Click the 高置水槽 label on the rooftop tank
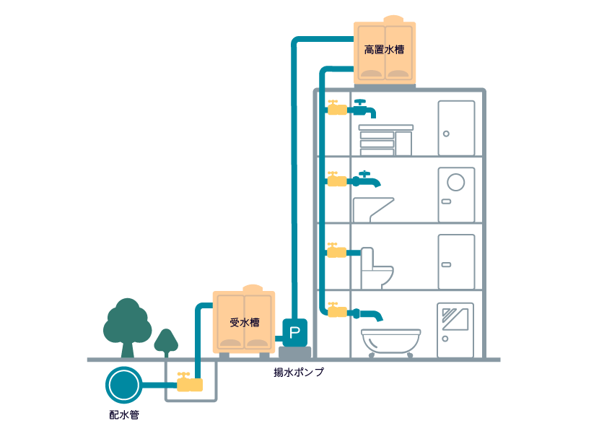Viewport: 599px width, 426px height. coord(384,51)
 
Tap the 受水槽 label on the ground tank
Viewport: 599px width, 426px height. coord(243,323)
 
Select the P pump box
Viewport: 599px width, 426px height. coord(294,332)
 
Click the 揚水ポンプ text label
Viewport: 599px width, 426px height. coord(299,373)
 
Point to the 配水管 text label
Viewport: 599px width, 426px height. coord(123,414)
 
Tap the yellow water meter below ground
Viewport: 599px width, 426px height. coord(190,384)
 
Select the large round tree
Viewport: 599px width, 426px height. coord(127,324)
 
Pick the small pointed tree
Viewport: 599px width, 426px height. coord(167,342)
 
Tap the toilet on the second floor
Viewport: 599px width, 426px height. coord(377,268)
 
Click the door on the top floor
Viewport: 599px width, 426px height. coord(456,128)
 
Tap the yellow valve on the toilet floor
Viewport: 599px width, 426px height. coord(336,252)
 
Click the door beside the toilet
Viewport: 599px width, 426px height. coord(456,261)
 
